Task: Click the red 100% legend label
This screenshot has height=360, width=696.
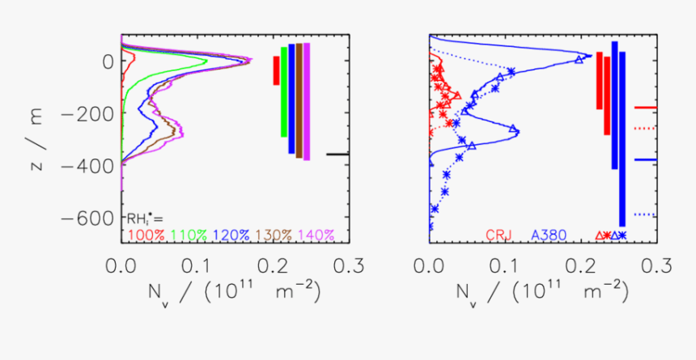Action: (146, 235)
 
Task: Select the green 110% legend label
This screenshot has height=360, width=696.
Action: (190, 235)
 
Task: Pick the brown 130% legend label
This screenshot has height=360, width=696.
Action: (275, 235)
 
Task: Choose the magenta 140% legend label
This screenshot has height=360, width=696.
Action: (318, 235)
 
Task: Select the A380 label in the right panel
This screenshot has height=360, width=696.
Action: (548, 235)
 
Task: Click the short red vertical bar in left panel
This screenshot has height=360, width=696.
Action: (276, 70)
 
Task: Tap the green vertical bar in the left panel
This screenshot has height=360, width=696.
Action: (284, 91)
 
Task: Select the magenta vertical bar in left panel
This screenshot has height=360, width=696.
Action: (307, 102)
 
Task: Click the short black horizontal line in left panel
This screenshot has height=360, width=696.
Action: (337, 154)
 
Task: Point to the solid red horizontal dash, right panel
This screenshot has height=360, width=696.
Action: (645, 107)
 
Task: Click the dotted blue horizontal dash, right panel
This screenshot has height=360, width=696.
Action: (645, 214)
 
